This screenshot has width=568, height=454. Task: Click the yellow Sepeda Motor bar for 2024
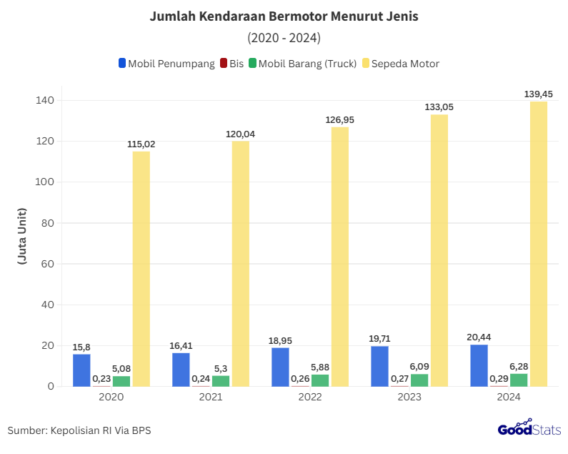pyautogui.click(x=539, y=243)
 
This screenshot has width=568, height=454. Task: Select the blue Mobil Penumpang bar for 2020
pyautogui.click(x=81, y=370)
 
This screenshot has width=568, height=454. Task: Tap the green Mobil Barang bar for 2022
pyautogui.click(x=320, y=380)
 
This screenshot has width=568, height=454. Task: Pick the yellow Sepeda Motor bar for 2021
pyautogui.click(x=241, y=263)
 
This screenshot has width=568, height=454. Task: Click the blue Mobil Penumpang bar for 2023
pyautogui.click(x=379, y=366)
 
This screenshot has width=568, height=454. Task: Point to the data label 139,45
pyautogui.click(x=538, y=94)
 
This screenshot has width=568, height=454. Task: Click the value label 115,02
pyautogui.click(x=141, y=144)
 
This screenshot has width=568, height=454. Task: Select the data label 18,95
pyautogui.click(x=280, y=340)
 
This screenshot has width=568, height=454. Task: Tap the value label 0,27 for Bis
pyautogui.click(x=399, y=378)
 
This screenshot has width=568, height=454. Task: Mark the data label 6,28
pyautogui.click(x=519, y=366)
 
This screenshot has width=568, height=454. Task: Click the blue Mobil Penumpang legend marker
pyautogui.click(x=123, y=64)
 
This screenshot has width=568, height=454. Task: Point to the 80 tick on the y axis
pyautogui.click(x=46, y=222)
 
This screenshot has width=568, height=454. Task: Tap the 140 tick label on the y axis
pyautogui.click(x=44, y=100)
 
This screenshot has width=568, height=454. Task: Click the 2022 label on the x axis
pyautogui.click(x=310, y=397)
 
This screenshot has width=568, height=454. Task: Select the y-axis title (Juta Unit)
pyautogui.click(x=22, y=237)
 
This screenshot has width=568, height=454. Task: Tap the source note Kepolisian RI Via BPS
pyautogui.click(x=79, y=430)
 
